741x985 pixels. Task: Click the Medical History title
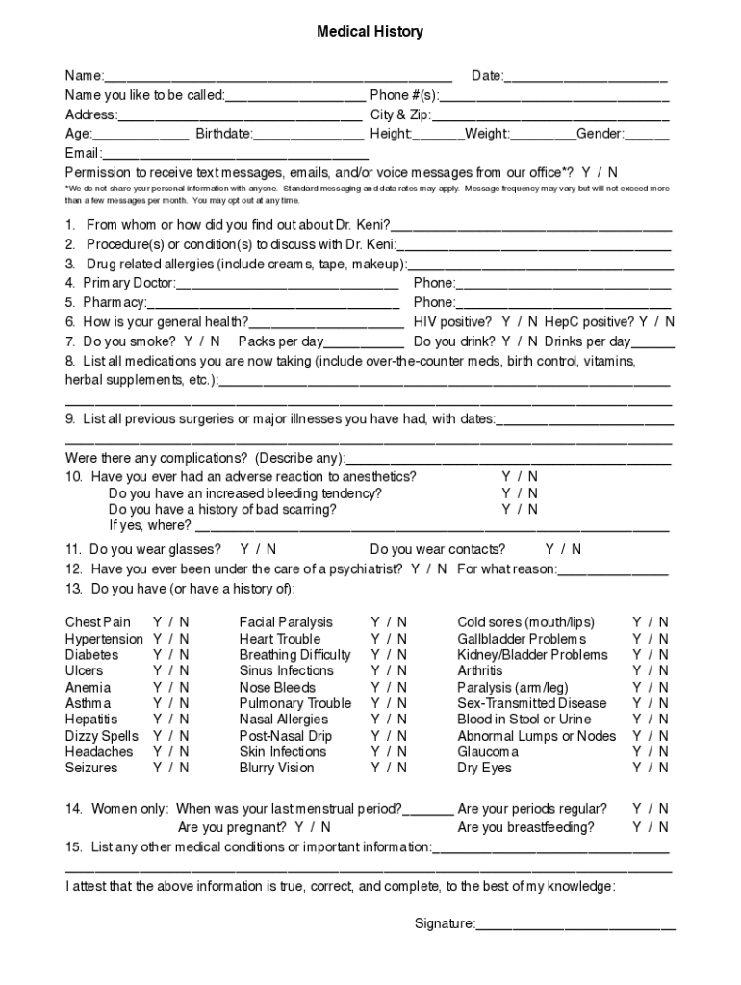pyautogui.click(x=370, y=32)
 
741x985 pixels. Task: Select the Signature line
pyautogui.click(x=575, y=925)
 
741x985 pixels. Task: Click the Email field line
pyautogui.click(x=235, y=154)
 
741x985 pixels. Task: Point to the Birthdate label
pyautogui.click(x=223, y=134)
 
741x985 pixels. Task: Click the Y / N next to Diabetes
pyautogui.click(x=171, y=655)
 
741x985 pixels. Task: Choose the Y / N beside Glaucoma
pyautogui.click(x=651, y=751)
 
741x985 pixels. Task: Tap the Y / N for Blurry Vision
pyautogui.click(x=389, y=768)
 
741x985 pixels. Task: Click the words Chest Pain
pyautogui.click(x=98, y=622)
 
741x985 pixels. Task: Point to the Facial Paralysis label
pyautogui.click(x=286, y=622)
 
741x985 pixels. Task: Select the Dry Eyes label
pyautogui.click(x=484, y=768)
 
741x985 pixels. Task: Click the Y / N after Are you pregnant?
pyautogui.click(x=313, y=827)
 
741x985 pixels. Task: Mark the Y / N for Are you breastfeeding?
pyautogui.click(x=651, y=827)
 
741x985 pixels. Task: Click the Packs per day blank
pyautogui.click(x=365, y=342)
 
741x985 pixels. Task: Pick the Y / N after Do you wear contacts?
pyautogui.click(x=563, y=549)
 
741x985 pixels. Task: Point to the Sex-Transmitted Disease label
pyautogui.click(x=532, y=703)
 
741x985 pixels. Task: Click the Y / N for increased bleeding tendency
pyautogui.click(x=520, y=492)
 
